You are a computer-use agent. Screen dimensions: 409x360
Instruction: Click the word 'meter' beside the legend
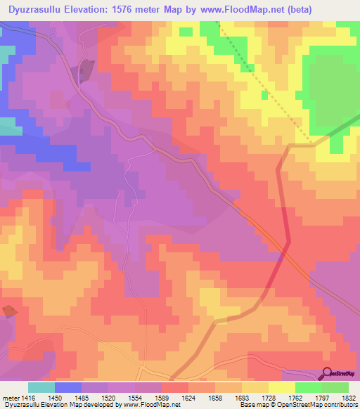pos(11,398)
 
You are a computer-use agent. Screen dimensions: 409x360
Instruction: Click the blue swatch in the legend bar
pos(68,387)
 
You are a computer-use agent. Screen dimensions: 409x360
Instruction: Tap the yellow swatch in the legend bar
pos(281,387)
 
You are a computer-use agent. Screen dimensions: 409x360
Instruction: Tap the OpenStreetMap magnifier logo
pos(326,373)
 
